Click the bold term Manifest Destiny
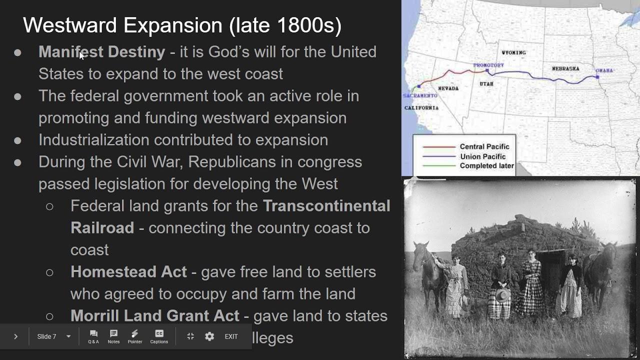tap(101, 52)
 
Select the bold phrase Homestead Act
tap(128, 272)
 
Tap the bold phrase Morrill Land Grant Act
tap(154, 316)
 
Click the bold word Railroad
tap(102, 228)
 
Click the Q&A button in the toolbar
tap(93, 336)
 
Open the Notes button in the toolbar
tap(113, 336)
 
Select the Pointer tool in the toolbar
tap(134, 336)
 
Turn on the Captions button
tap(159, 336)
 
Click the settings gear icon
tap(209, 336)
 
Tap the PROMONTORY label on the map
tap(488, 65)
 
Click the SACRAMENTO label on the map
tap(420, 95)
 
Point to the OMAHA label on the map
tap(604, 70)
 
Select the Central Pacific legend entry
tap(484, 146)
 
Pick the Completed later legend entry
tap(486, 166)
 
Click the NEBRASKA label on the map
tap(565, 68)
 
